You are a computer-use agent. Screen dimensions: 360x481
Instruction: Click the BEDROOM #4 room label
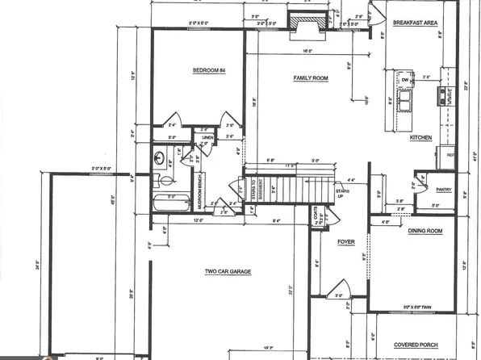click(208, 71)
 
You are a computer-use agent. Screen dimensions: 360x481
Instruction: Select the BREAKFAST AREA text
click(415, 23)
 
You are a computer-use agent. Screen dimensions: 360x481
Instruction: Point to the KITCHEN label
click(421, 138)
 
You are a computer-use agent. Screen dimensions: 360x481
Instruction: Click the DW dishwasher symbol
click(404, 80)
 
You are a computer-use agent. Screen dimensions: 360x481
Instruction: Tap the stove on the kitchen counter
click(441, 97)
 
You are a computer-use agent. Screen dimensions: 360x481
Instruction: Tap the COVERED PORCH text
click(420, 343)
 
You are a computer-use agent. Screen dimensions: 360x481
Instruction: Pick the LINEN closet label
click(207, 138)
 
